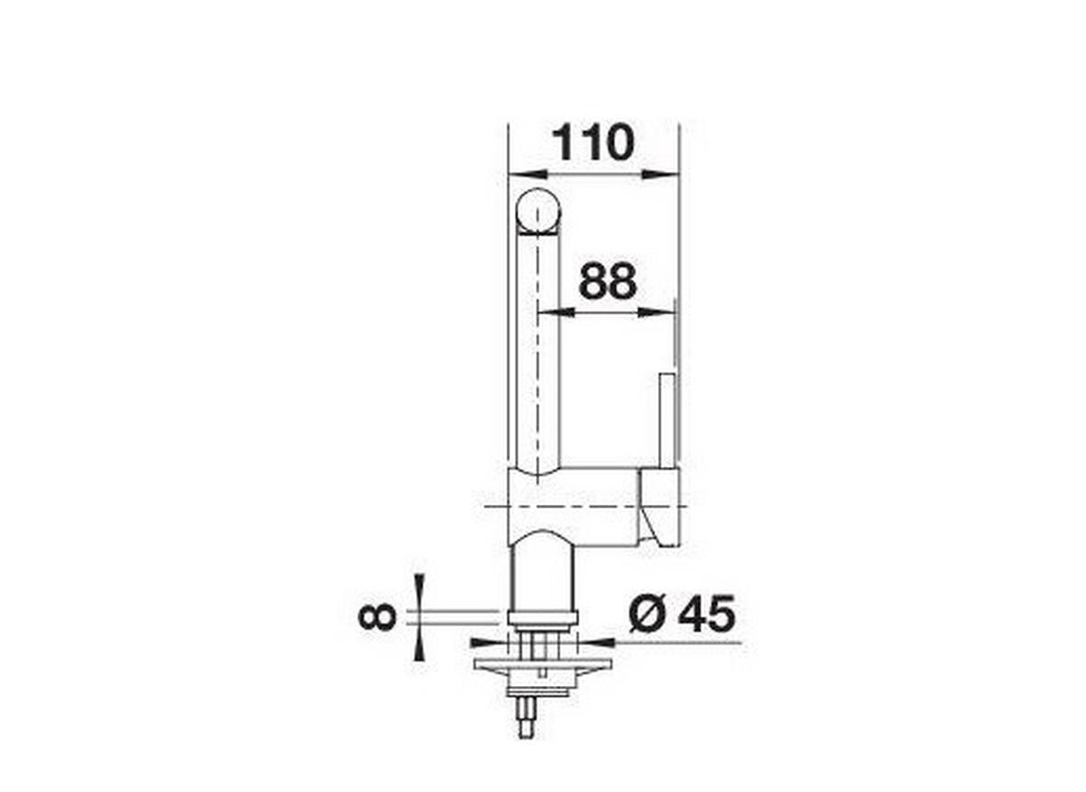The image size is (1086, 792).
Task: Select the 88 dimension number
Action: [607, 282]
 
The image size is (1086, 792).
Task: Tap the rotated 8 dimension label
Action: [377, 616]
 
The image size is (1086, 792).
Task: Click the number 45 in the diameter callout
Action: [706, 615]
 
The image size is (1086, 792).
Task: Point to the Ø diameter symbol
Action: [649, 616]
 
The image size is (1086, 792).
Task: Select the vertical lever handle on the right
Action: [667, 420]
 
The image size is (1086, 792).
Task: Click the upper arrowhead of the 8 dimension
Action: [417, 590]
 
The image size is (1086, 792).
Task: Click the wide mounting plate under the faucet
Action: [542, 664]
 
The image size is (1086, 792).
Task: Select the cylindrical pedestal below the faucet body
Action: [541, 575]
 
